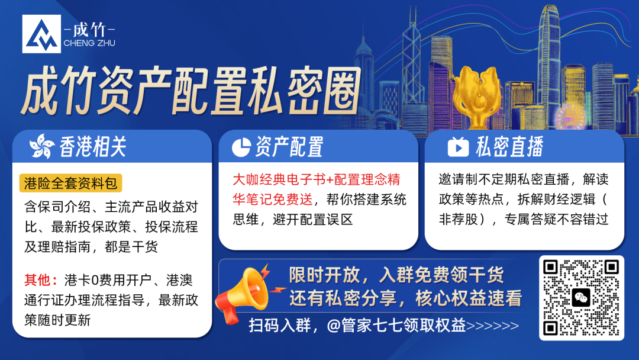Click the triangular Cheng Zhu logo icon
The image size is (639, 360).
(x=41, y=34)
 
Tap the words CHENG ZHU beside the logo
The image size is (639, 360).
(x=89, y=43)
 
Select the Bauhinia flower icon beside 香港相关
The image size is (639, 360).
(x=41, y=146)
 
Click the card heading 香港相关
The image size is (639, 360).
(x=93, y=147)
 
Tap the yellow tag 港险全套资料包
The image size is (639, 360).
(x=70, y=183)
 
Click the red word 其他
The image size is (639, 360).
(x=37, y=280)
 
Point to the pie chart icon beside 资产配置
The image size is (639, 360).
(x=241, y=147)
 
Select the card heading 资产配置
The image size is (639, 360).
(x=289, y=147)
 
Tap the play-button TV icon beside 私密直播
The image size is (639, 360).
(x=458, y=146)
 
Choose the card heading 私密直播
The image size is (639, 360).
(x=509, y=147)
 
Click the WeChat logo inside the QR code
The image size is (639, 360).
(x=581, y=298)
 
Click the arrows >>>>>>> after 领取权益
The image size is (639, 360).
(x=492, y=326)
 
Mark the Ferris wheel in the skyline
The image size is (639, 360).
(x=570, y=116)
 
